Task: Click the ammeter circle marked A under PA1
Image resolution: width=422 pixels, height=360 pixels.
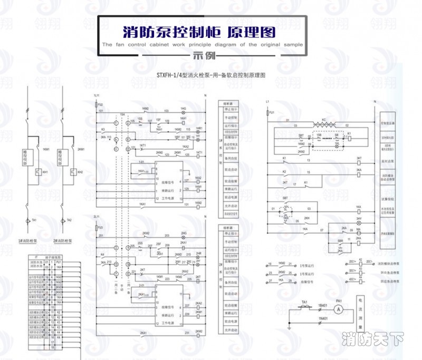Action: pos(340,308)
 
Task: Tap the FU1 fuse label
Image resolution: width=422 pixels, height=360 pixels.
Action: pos(272,113)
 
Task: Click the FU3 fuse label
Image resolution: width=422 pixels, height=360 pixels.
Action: pos(100,228)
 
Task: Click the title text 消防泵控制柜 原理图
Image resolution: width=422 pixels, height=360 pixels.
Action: pos(199,32)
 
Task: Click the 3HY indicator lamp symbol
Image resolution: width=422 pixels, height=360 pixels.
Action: pos(358,223)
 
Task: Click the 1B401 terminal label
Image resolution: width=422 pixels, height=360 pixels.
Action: pos(323,305)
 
